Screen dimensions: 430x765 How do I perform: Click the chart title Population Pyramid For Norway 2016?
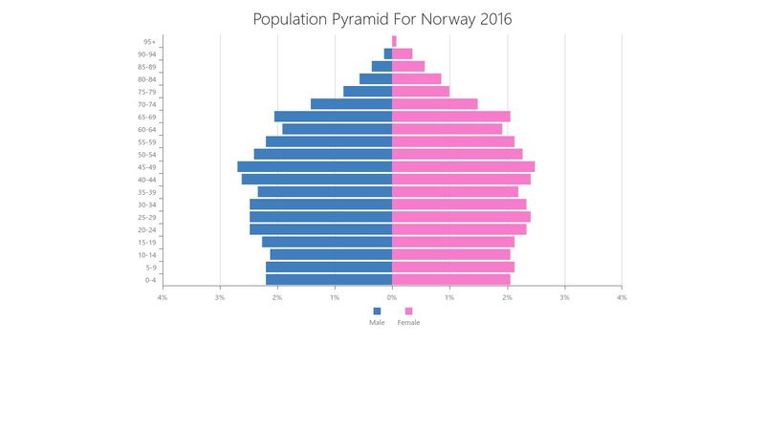[x=382, y=19]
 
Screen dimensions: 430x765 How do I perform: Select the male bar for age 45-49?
[x=315, y=167]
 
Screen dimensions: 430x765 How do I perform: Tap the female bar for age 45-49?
[x=463, y=167]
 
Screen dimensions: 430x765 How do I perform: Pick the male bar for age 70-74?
[x=351, y=104]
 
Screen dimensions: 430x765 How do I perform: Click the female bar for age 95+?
[x=394, y=41]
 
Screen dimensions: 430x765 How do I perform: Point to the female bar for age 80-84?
[x=416, y=79]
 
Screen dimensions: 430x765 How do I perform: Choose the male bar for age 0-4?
[x=329, y=280]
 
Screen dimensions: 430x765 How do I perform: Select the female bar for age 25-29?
[x=461, y=217]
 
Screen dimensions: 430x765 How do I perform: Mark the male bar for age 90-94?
[x=388, y=54]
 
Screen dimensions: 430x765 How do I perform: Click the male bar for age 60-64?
[x=337, y=129]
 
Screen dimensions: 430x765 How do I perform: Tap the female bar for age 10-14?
[x=451, y=255]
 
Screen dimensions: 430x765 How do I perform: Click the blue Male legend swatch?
[x=377, y=311]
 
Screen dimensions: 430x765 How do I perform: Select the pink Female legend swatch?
[x=408, y=311]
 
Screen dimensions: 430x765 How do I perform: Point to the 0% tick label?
[x=392, y=297]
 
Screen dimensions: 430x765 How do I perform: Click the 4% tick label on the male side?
[x=163, y=297]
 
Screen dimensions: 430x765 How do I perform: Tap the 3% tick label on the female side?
[x=564, y=297]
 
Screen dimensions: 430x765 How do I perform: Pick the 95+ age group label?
[x=150, y=42]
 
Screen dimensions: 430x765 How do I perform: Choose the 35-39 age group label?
[x=147, y=192]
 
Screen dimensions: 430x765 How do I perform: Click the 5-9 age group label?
[x=151, y=268]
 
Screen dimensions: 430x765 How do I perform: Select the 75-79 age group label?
[x=147, y=92]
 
